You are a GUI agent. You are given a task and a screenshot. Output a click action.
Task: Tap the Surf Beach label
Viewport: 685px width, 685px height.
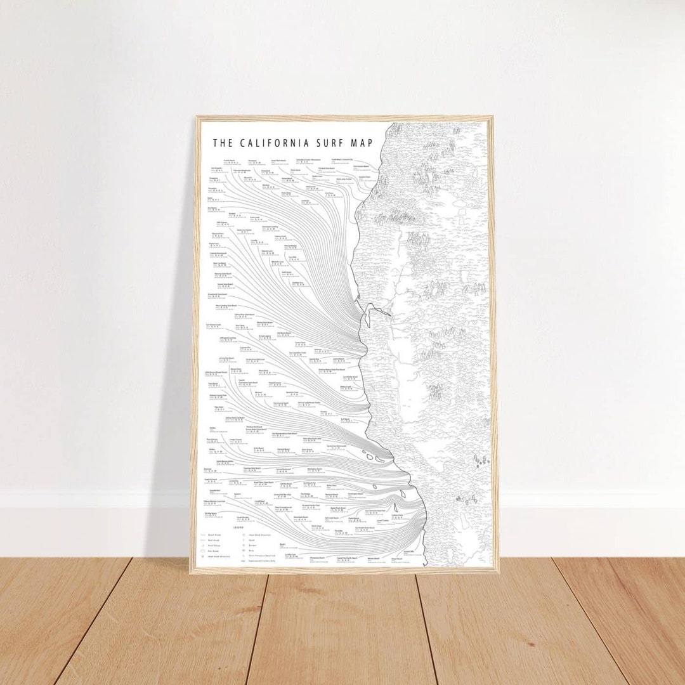tap(345, 419)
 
